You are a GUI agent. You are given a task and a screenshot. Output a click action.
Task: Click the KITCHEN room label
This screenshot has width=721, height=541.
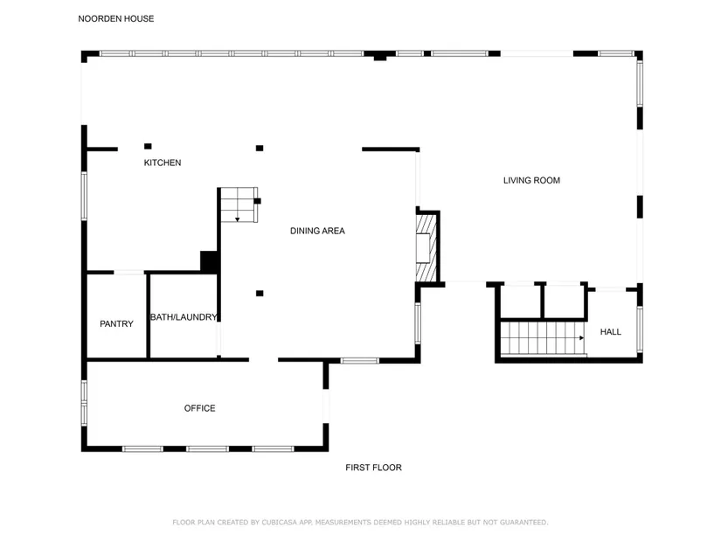click(163, 163)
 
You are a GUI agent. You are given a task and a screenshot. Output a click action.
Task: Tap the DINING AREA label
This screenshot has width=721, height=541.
click(317, 231)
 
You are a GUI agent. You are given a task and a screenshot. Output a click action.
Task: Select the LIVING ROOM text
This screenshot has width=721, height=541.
click(531, 180)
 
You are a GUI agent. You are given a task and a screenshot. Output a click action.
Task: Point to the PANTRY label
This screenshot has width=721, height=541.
click(116, 324)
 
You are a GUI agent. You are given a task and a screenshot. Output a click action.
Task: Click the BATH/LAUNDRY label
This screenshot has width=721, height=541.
click(184, 317)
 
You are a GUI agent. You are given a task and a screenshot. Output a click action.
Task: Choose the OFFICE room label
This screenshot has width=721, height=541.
click(199, 408)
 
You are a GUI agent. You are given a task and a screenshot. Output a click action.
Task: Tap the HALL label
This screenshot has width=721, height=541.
click(611, 332)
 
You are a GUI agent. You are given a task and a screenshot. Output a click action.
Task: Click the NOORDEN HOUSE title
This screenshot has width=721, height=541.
click(116, 19)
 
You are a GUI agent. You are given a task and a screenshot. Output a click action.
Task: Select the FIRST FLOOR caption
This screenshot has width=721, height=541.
click(373, 468)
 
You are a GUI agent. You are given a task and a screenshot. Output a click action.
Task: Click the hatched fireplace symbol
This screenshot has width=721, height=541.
click(426, 248)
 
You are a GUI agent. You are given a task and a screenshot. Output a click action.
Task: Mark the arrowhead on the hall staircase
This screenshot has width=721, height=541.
click(582, 338)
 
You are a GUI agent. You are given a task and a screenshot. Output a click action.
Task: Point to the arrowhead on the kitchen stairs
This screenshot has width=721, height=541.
click(237, 220)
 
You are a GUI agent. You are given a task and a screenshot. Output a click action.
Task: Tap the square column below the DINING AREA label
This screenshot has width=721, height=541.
click(260, 294)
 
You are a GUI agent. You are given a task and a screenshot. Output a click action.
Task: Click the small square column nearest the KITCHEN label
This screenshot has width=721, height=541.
click(148, 146)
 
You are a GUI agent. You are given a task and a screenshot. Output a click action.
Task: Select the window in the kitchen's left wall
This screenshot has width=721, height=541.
click(84, 196)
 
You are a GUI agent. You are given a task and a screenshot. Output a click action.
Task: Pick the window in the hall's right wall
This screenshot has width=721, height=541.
click(640, 329)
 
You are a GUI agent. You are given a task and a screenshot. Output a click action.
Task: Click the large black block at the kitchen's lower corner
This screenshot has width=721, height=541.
click(209, 261)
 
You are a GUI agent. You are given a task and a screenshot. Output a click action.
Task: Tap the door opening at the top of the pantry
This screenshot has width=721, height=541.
click(128, 273)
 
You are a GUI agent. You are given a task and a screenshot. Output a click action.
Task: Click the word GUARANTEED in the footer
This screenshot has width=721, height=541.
click(524, 522)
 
